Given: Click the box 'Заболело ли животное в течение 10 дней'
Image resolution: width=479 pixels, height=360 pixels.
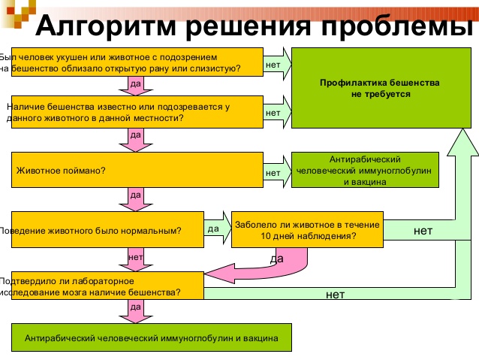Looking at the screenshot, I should (307, 230).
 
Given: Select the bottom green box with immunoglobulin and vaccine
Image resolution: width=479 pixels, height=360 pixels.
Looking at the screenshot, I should (151, 338).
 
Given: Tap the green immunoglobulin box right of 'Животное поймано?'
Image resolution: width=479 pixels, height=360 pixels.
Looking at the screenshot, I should (365, 171).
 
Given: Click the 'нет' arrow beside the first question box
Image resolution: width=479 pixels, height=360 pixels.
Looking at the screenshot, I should (276, 64).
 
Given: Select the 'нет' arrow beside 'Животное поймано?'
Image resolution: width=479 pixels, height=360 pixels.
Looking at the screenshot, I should (276, 171).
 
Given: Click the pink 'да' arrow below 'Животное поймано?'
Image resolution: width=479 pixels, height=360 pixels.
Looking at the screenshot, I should (135, 198).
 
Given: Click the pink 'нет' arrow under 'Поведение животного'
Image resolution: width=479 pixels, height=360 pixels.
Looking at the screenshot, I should (135, 258).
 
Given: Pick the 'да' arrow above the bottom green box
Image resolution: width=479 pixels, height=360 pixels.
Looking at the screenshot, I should (135, 310).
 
